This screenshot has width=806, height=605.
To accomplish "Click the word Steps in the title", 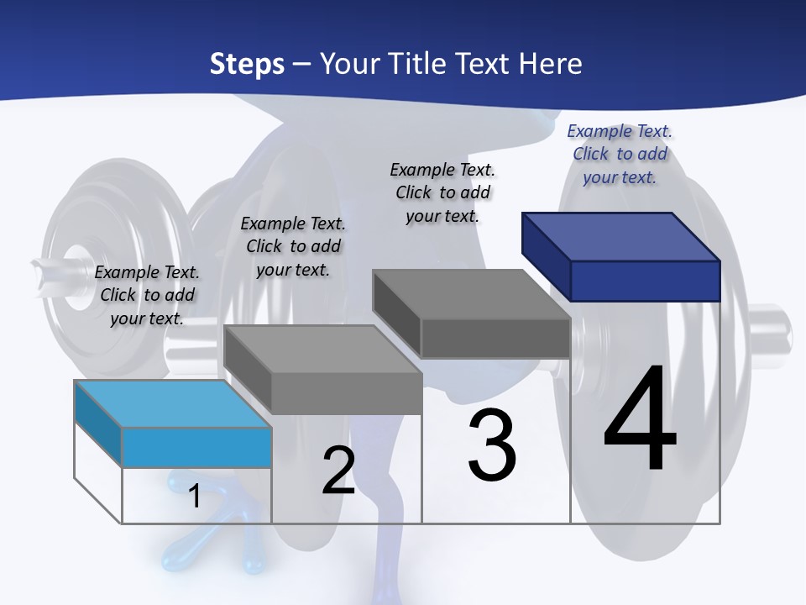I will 246,64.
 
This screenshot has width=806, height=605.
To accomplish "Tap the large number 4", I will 640,420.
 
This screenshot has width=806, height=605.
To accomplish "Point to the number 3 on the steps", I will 491,446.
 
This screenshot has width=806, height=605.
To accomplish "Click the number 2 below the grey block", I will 338,471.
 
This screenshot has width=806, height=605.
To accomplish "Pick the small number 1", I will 195,496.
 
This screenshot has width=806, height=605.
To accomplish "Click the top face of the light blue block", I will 172,403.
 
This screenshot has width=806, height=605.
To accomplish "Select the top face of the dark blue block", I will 621,236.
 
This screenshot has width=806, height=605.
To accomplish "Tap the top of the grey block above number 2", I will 322,349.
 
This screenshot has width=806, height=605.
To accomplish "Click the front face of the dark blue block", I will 645,280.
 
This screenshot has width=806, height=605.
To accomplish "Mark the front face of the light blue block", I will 196,447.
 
